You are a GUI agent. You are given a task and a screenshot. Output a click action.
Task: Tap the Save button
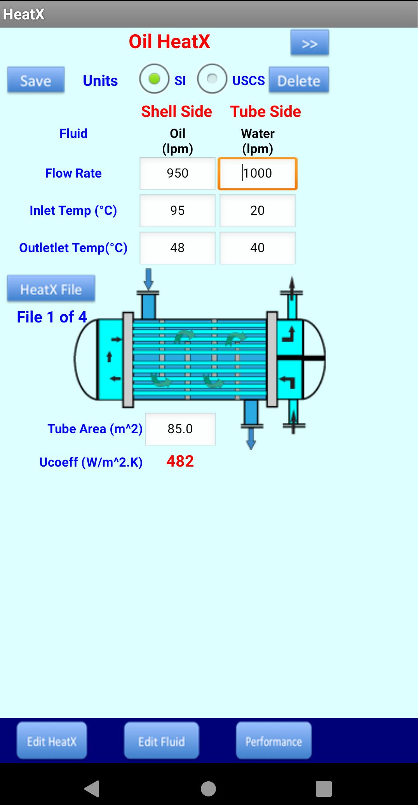point(36,80)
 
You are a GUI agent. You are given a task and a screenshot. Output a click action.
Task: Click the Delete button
point(299,80)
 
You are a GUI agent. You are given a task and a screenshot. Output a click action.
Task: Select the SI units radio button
point(154,79)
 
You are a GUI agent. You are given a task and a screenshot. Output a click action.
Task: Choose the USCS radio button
point(212,79)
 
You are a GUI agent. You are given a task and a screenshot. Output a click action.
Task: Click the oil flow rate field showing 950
point(178,173)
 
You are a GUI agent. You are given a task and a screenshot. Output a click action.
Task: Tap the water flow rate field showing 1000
point(258,173)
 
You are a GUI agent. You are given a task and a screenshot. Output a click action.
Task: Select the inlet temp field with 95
point(178,211)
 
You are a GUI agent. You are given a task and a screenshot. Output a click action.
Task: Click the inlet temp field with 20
point(258,211)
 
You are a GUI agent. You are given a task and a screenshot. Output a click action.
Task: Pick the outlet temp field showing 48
point(178,248)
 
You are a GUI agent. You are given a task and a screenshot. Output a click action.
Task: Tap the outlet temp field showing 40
point(258,248)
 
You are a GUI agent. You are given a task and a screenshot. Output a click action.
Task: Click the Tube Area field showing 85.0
point(180,429)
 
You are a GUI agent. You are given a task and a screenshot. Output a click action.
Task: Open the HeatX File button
point(51,289)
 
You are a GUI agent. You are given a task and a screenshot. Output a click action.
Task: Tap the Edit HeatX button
point(52,741)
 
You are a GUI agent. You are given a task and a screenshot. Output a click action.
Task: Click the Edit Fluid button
point(162,741)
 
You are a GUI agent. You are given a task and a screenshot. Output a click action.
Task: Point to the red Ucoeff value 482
point(180,461)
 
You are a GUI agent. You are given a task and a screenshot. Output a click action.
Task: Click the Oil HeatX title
point(169,42)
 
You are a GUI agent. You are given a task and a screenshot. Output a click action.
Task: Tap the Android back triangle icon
point(92,789)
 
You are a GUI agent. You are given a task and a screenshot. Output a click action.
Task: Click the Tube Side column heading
point(266,112)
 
